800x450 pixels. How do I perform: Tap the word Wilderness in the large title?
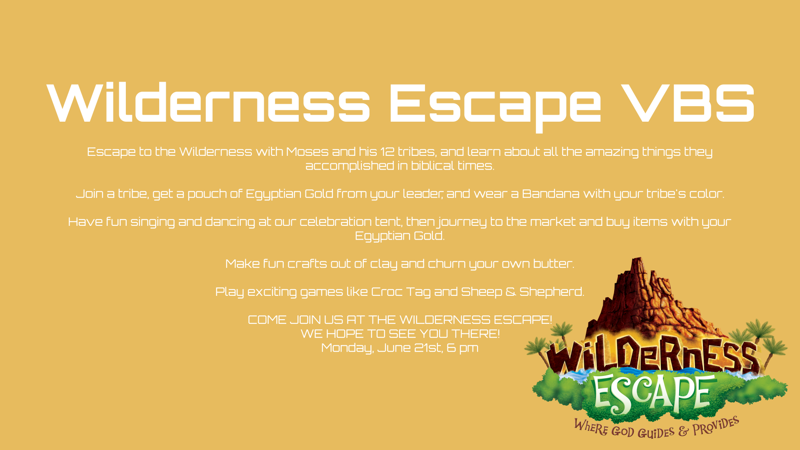pyautogui.click(x=208, y=103)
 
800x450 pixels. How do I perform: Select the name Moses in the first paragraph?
pyautogui.click(x=307, y=151)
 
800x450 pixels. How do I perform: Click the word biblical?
pyautogui.click(x=432, y=165)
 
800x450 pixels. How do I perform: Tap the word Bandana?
pyautogui.click(x=550, y=194)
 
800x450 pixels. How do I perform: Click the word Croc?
pyautogui.click(x=387, y=292)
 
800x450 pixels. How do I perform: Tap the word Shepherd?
pyautogui.click(x=552, y=292)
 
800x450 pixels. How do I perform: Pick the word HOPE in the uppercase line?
pyautogui.click(x=345, y=334)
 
